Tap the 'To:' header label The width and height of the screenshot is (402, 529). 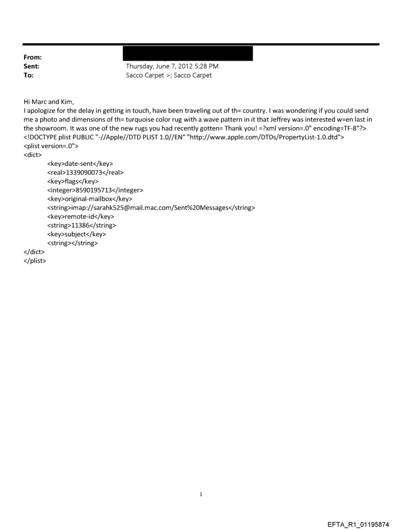point(29,75)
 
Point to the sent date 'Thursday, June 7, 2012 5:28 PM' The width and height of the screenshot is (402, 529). point(172,66)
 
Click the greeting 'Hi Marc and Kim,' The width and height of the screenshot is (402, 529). point(48,102)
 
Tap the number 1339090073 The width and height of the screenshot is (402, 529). point(85,173)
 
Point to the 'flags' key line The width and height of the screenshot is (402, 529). point(72,181)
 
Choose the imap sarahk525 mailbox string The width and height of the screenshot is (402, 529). point(151,208)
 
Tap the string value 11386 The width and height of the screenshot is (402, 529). point(81,225)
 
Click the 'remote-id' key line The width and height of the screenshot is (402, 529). point(80,216)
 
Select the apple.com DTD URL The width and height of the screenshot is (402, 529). point(273,138)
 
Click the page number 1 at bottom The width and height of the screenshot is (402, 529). point(201,494)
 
